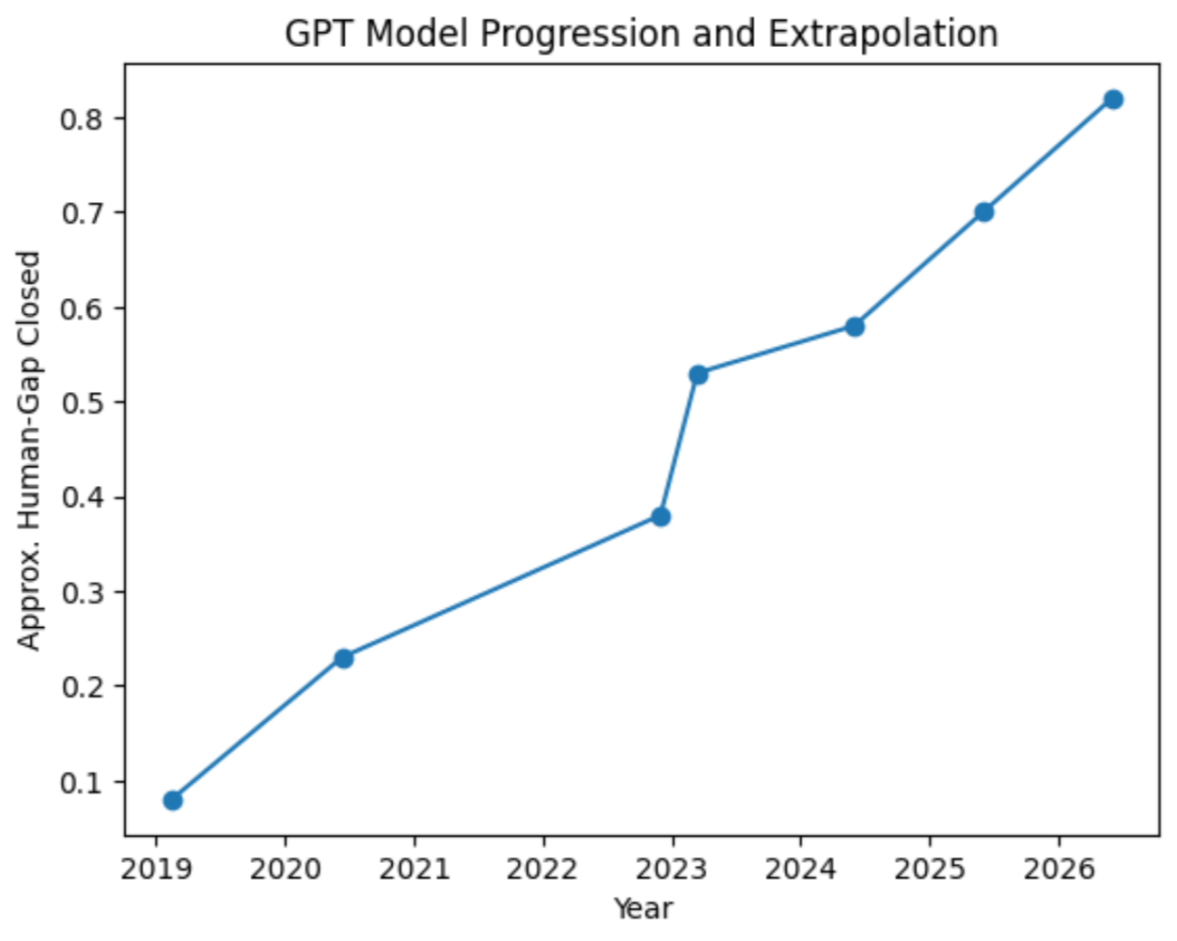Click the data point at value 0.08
pyautogui.click(x=173, y=800)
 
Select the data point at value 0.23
pyautogui.click(x=344, y=658)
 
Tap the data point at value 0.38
pyautogui.click(x=661, y=516)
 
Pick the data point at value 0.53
pyautogui.click(x=698, y=374)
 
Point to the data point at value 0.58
pyautogui.click(x=855, y=326)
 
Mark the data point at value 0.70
pyautogui.click(x=984, y=212)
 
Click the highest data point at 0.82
pyautogui.click(x=1113, y=99)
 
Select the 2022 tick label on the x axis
pyautogui.click(x=542, y=869)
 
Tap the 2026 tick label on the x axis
pyautogui.click(x=1059, y=869)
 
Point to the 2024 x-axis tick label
pyautogui.click(x=801, y=869)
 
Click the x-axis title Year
pyautogui.click(x=643, y=909)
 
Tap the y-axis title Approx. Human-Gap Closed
pyautogui.click(x=30, y=449)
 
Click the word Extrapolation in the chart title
pyautogui.click(x=883, y=34)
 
